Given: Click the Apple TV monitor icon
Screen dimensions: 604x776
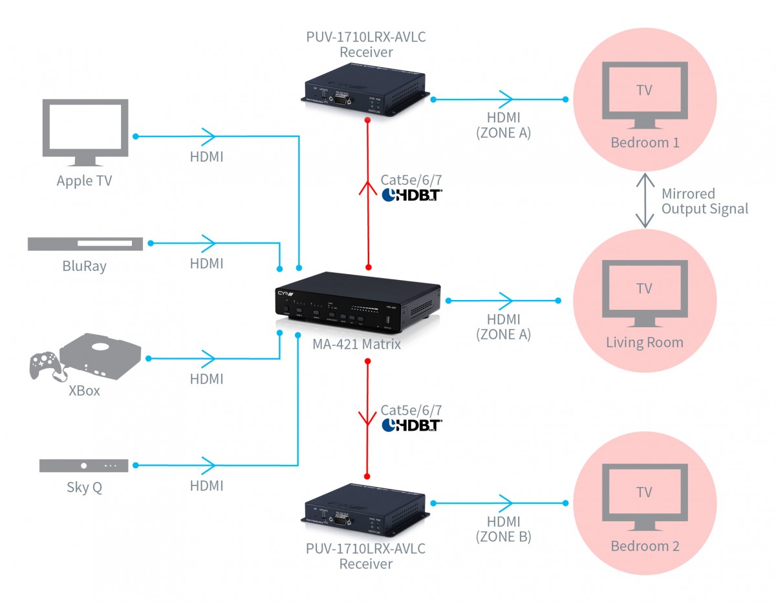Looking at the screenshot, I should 85,132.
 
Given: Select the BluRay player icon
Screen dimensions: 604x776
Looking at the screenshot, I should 85,244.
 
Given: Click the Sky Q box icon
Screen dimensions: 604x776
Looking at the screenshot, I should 84,466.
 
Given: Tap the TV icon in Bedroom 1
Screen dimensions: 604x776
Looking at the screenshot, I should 644,94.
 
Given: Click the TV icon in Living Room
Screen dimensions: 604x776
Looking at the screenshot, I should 644,292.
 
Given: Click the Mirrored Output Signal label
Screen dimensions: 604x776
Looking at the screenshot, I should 704,201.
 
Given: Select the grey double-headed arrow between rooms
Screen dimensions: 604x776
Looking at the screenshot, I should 645,200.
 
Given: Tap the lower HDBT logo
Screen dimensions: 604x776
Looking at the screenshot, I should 412,425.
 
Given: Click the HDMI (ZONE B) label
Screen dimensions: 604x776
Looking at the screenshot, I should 503,529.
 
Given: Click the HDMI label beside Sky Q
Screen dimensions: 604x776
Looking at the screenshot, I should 206,486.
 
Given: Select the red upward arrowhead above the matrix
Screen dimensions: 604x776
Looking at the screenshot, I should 368,189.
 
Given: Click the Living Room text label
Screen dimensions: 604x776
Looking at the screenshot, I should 644,342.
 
